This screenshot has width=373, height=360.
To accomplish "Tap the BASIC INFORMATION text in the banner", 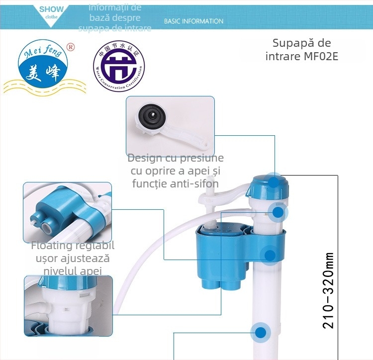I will [x=193, y=21].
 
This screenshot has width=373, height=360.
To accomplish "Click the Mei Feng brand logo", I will [x=44, y=68].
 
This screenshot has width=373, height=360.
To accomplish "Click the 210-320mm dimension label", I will [x=328, y=290].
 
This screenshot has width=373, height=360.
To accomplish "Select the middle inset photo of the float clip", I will [x=67, y=212].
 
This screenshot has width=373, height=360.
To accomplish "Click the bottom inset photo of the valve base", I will [x=68, y=305].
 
